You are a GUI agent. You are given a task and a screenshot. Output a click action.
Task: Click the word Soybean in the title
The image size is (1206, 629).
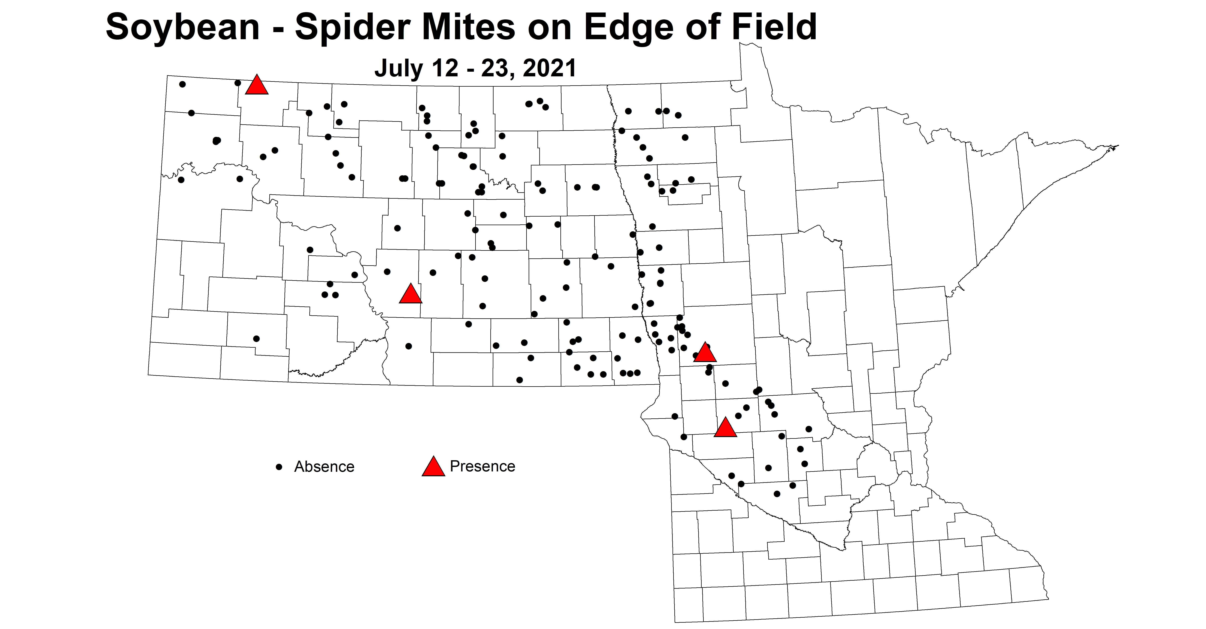(183, 27)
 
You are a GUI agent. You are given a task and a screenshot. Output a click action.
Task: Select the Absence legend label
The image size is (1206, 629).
(324, 467)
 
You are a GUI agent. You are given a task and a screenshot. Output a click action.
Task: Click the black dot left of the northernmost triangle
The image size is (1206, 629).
(237, 83)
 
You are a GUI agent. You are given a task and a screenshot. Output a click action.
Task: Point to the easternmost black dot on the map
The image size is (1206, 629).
(808, 429)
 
